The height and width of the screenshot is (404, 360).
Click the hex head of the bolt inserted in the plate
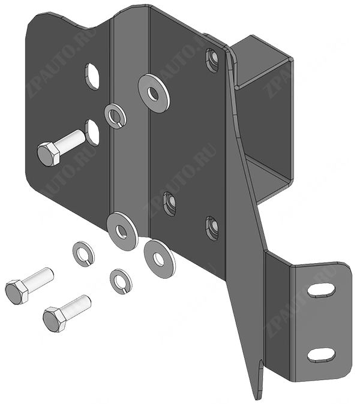(49, 153)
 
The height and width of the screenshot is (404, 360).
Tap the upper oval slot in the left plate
(92, 76)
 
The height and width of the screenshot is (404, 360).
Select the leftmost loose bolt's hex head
(17, 292)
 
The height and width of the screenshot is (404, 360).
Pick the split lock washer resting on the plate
(115, 116)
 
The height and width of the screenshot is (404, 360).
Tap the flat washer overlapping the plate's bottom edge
(121, 231)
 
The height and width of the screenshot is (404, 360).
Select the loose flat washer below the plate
(160, 259)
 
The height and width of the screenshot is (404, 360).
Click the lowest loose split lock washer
(121, 282)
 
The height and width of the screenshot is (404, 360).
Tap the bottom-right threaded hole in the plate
(213, 229)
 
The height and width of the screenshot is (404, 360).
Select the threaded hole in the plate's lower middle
(170, 204)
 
